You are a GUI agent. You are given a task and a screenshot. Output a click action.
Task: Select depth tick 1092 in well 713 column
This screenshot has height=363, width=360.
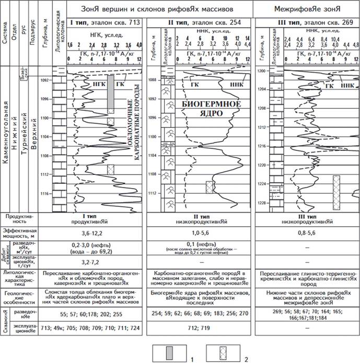[x=47, y=80]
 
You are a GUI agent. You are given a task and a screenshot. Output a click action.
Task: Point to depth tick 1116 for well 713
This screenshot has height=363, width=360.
[x=47, y=194]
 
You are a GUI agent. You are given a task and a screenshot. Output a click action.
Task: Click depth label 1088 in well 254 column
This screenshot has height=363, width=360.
[x=153, y=80]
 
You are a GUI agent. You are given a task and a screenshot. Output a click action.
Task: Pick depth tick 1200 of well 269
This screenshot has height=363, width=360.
[x=263, y=71]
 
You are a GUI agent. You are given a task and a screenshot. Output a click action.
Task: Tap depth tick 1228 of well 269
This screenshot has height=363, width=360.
[x=263, y=203]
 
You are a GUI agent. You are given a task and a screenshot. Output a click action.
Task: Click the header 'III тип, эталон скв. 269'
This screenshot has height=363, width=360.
[x=304, y=25]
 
